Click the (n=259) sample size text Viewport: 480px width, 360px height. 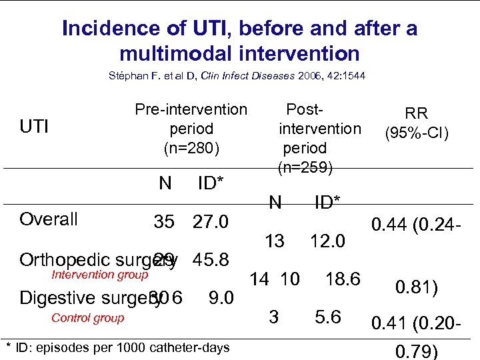click(305, 168)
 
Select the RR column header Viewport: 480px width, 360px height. click(417, 113)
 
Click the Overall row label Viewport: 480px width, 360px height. click(49, 219)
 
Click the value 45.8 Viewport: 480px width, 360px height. click(211, 259)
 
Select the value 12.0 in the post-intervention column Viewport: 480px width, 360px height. click(327, 241)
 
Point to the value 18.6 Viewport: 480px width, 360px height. click(342, 279)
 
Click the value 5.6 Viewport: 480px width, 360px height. click(328, 318)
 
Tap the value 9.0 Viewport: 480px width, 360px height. click(221, 298)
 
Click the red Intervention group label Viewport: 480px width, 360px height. click(100, 274)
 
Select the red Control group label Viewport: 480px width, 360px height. click(87, 318)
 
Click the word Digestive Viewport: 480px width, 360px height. click(53, 298)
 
